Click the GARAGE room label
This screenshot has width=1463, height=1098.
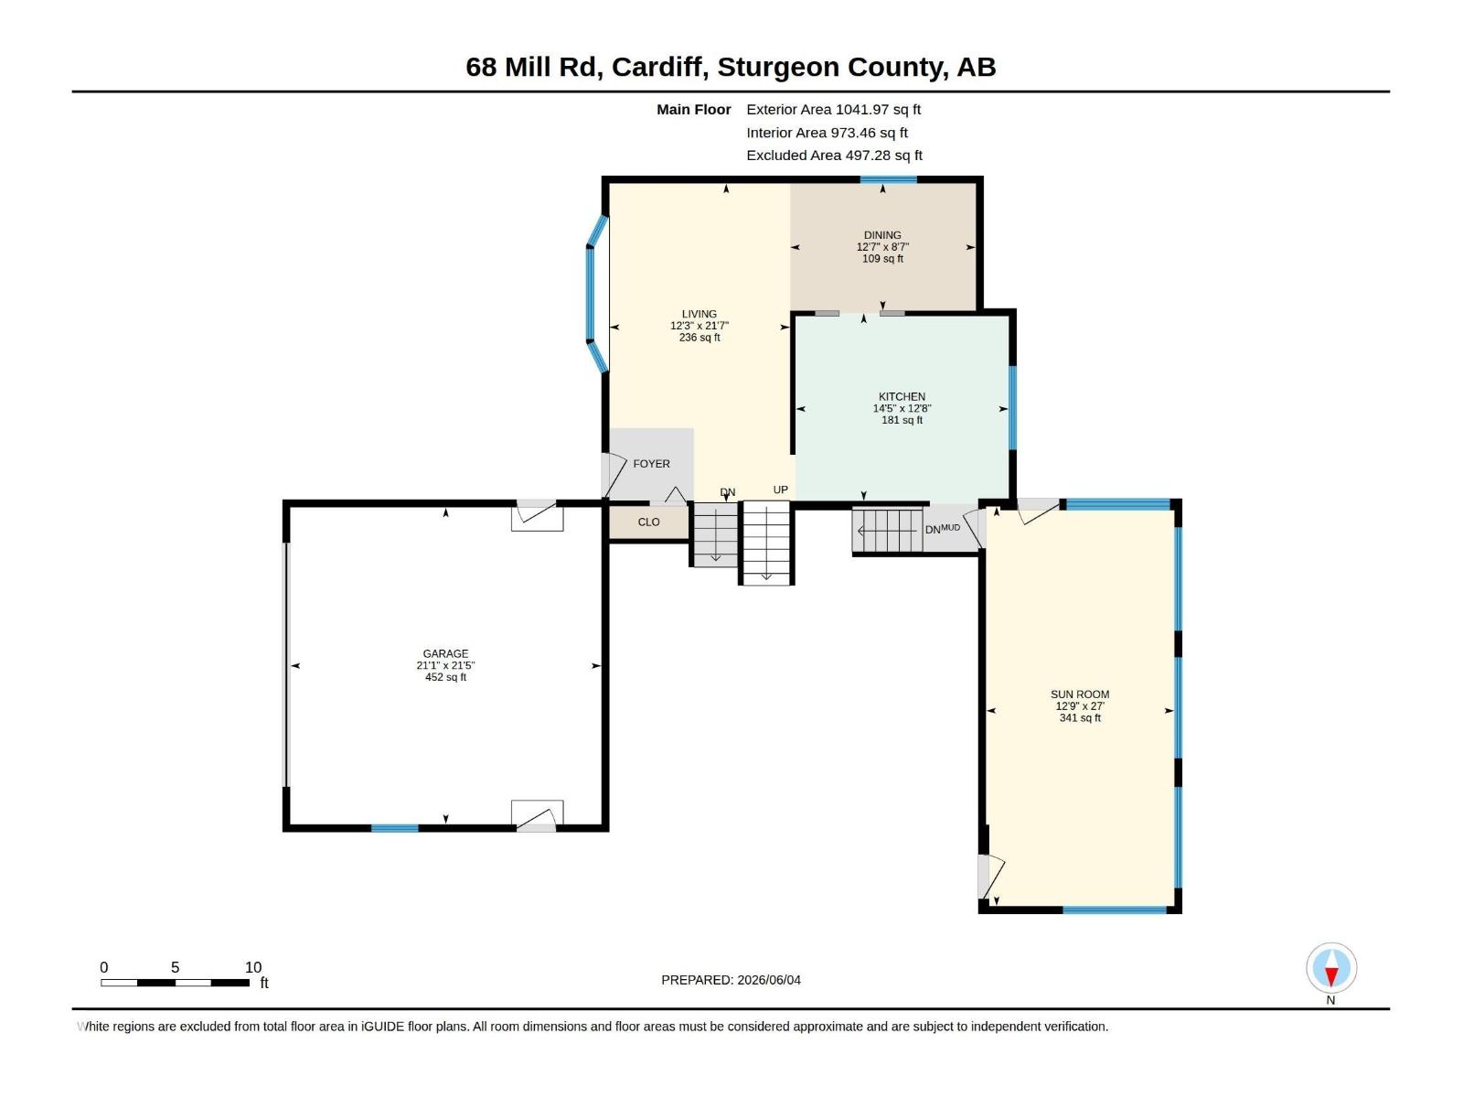click(x=445, y=653)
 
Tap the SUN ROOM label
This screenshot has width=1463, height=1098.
click(x=1080, y=694)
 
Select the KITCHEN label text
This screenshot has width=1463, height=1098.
click(x=902, y=397)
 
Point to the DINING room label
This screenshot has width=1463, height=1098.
click(x=882, y=235)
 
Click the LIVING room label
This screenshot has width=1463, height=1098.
click(x=699, y=314)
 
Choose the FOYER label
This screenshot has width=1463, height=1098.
click(x=651, y=464)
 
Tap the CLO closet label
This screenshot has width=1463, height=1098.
click(x=648, y=522)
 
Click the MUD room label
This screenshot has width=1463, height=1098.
click(x=950, y=527)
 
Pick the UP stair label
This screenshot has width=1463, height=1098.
click(x=781, y=490)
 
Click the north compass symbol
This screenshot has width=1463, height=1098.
click(x=1331, y=967)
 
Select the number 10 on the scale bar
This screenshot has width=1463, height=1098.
click(x=253, y=967)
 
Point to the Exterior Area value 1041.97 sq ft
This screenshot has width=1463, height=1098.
click(x=878, y=109)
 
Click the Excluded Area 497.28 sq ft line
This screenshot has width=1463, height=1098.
click(x=835, y=156)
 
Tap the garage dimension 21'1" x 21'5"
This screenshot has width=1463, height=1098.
click(x=445, y=665)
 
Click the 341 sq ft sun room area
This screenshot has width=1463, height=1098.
click(x=1080, y=718)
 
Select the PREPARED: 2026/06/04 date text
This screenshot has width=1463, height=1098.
click(x=731, y=980)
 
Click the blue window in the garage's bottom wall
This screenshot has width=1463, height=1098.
click(x=395, y=828)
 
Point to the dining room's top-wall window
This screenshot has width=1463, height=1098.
click(x=889, y=179)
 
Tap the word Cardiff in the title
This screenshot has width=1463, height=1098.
click(x=660, y=68)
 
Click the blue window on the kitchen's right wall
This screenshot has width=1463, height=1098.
click(x=1012, y=407)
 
